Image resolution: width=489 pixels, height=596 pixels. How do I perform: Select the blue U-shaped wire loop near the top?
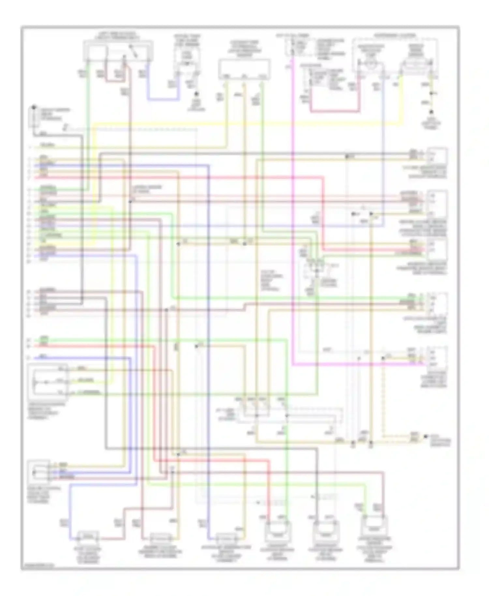pyautogui.click(x=163, y=99)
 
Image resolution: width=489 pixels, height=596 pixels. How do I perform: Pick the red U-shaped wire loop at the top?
pyautogui.click(x=336, y=112)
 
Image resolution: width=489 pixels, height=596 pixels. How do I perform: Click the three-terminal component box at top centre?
pyautogui.click(x=244, y=69)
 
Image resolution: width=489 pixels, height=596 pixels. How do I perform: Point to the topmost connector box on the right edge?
pyautogui.click(x=437, y=156)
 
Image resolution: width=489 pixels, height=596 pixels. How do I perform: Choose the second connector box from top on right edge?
pyautogui.click(x=437, y=203)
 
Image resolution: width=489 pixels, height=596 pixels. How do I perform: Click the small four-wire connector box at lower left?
pyautogui.click(x=39, y=471)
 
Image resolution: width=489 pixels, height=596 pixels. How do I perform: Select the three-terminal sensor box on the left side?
pyautogui.click(x=48, y=381)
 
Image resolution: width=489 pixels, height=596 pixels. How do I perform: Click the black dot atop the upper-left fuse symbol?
pyautogui.click(x=34, y=107)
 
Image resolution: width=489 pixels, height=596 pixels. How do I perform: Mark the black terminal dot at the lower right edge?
pyautogui.click(x=425, y=437)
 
